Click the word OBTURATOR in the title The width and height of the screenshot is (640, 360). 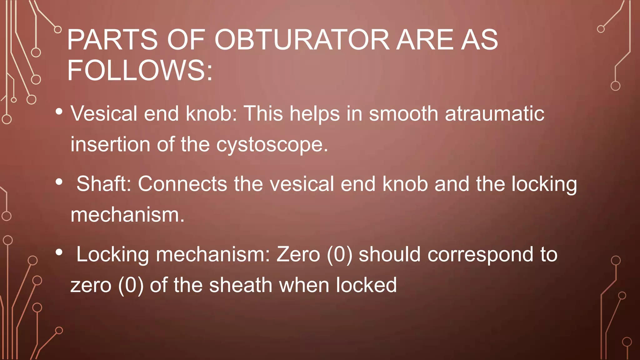[x=302, y=40]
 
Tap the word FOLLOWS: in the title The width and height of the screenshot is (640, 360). [x=140, y=70]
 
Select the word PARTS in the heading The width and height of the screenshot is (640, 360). [x=112, y=40]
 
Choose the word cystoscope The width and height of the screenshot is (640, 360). [x=272, y=145]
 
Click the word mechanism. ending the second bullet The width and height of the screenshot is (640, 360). [x=127, y=215]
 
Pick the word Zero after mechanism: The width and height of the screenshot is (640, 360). [x=298, y=254]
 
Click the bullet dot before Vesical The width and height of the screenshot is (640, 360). [x=59, y=112]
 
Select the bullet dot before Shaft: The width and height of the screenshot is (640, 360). [x=59, y=182]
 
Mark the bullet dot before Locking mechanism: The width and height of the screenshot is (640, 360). [x=59, y=252]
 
